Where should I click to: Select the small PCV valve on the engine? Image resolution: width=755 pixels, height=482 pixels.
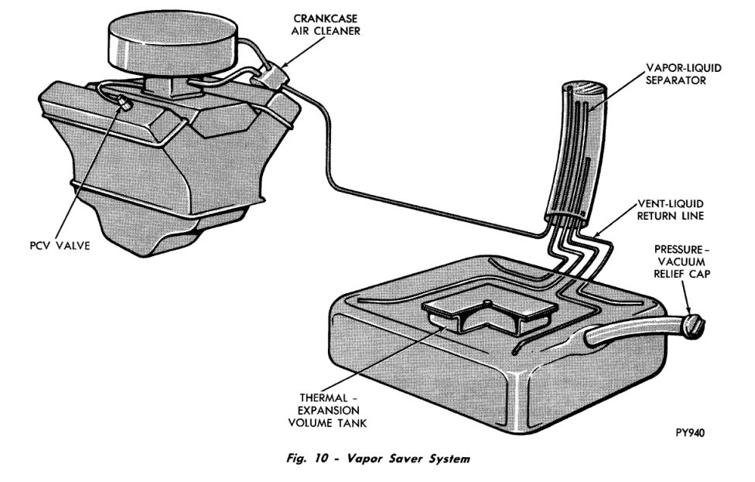click(x=124, y=101)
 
